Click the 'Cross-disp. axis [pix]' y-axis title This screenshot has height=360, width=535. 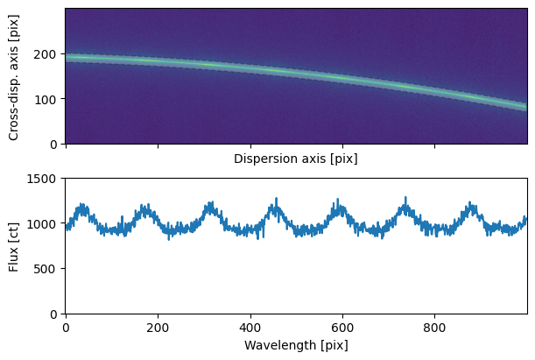(x=14, y=76)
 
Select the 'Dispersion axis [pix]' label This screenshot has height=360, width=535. (x=295, y=159)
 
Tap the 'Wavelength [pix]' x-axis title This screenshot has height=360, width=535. (x=295, y=345)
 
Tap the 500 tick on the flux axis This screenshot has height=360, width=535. (x=47, y=268)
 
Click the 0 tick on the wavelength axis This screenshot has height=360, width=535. (x=66, y=325)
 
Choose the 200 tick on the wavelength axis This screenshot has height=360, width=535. (x=158, y=325)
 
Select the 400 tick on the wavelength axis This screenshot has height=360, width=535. (x=250, y=325)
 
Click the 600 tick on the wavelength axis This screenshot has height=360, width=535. (x=342, y=325)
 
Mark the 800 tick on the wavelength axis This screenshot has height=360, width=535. (x=435, y=325)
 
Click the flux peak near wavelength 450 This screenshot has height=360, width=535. (x=276, y=199)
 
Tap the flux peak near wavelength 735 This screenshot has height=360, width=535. (x=405, y=198)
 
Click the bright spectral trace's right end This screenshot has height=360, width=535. (x=525, y=107)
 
